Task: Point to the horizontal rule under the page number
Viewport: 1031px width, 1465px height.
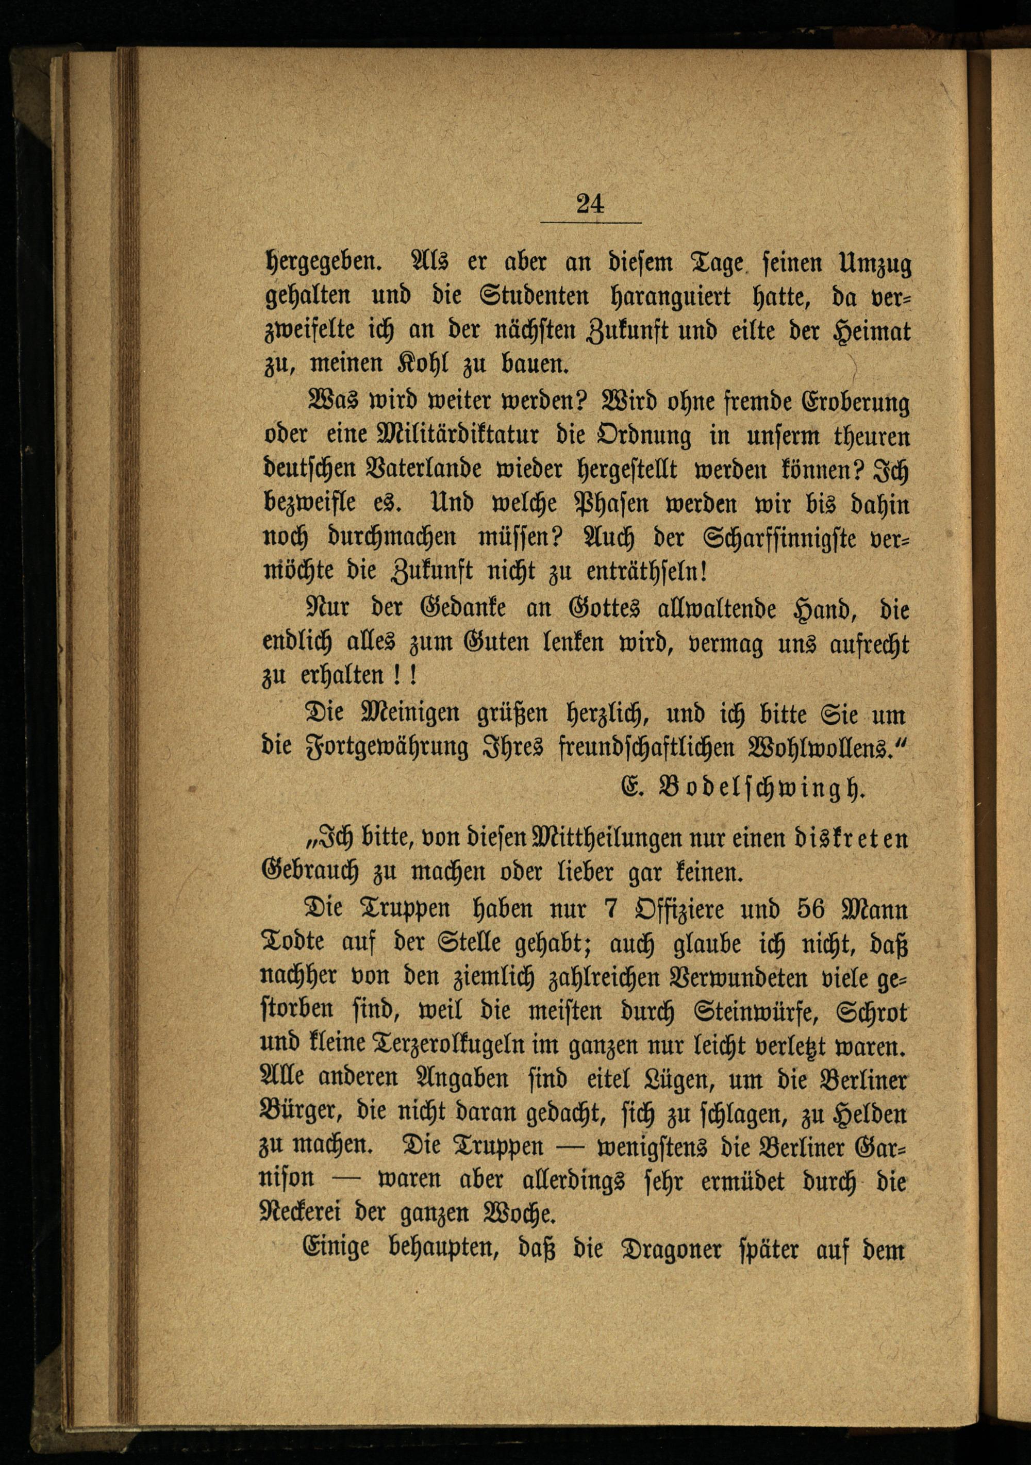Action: click(591, 223)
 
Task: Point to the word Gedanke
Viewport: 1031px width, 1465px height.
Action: click(462, 608)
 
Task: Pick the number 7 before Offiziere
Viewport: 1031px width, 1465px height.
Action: click(609, 909)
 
